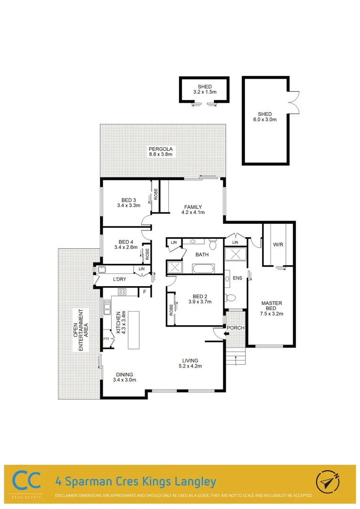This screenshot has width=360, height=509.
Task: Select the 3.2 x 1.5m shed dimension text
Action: coord(205,91)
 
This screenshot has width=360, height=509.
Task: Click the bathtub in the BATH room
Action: coord(203,269)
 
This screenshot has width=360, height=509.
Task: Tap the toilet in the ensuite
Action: coord(230,298)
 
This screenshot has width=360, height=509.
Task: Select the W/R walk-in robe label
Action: coord(278,245)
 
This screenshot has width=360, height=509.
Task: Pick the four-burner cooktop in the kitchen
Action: coord(122,292)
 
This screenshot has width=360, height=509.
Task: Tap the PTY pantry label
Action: coord(106,338)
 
